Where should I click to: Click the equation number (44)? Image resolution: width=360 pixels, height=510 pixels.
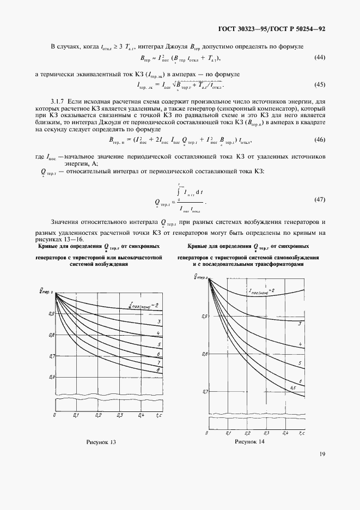coord(319,58)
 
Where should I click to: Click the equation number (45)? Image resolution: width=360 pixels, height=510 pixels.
coord(319,84)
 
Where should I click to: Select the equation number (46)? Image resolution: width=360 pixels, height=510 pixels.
coord(319,140)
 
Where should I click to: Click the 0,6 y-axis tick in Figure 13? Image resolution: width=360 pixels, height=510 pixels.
coord(52,377)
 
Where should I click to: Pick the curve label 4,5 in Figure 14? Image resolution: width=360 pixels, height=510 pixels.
coord(292,387)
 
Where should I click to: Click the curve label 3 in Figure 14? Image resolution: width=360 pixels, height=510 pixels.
coord(300,323)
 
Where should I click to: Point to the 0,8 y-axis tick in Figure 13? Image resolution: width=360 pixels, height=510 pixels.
coord(52,335)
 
